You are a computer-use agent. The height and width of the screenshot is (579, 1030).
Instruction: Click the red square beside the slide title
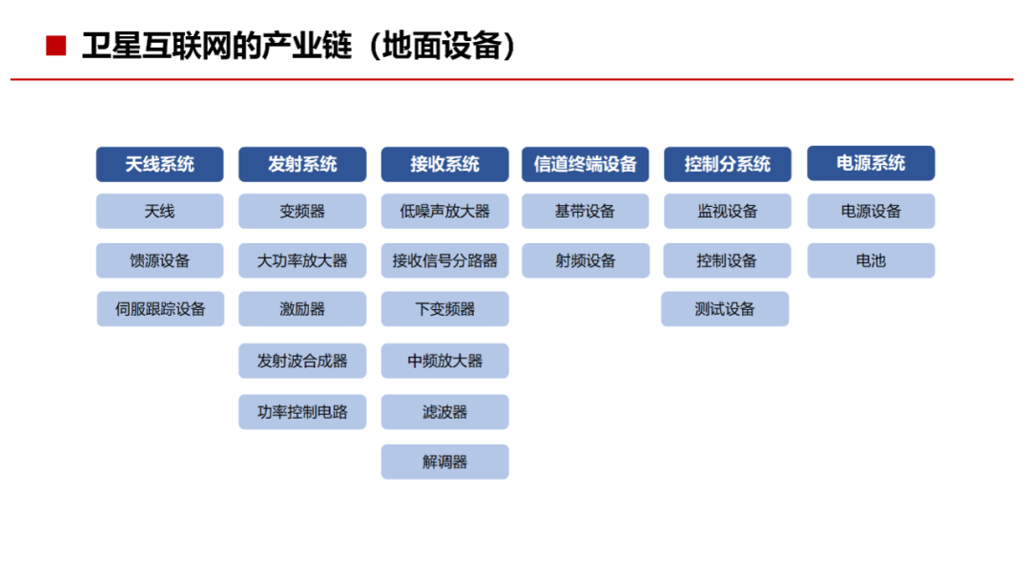(56, 46)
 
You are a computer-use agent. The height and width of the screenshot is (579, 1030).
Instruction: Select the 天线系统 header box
(159, 164)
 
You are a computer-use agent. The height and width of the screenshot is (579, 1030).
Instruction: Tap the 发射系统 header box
(302, 164)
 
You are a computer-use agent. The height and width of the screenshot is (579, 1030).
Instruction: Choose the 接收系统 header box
(444, 164)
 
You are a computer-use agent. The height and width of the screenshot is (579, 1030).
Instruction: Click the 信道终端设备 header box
(586, 164)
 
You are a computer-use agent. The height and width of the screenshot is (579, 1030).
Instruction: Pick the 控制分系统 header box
(727, 164)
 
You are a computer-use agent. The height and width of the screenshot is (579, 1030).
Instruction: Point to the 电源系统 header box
(871, 163)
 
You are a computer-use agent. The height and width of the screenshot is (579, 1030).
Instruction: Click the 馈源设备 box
(159, 261)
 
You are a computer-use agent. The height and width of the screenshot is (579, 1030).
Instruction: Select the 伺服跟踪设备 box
(160, 309)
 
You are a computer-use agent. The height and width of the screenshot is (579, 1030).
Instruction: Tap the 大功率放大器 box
(302, 261)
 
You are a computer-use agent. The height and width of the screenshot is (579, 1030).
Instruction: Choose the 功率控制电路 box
(302, 412)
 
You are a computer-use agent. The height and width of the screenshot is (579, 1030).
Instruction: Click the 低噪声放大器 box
(444, 211)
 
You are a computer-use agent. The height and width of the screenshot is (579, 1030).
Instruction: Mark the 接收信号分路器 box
(444, 261)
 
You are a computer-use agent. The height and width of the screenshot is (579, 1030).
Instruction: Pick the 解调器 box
(444, 462)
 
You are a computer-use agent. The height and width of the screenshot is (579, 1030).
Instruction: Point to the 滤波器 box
(444, 412)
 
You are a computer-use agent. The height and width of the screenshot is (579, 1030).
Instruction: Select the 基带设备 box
(586, 211)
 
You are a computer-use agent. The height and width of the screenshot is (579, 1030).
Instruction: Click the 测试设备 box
(725, 309)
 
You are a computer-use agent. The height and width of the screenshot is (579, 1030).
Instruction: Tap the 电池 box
(871, 261)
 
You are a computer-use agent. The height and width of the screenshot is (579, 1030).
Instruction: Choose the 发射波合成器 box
(302, 361)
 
